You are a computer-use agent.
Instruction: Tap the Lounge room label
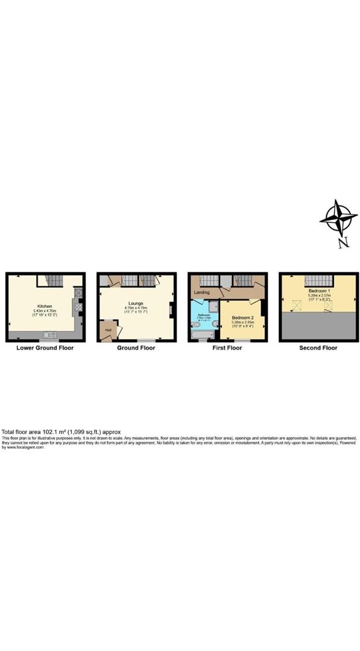(x=134, y=303)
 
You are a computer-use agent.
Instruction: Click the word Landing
(x=202, y=292)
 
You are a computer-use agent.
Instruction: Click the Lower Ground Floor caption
(x=45, y=348)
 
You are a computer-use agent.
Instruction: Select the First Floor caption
(x=227, y=348)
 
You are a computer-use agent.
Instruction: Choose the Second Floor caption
(x=318, y=348)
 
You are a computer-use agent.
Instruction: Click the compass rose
(x=339, y=218)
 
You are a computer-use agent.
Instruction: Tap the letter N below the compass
(x=343, y=243)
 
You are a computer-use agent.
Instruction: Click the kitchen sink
(x=49, y=335)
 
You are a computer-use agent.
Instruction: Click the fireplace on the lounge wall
(x=171, y=310)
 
